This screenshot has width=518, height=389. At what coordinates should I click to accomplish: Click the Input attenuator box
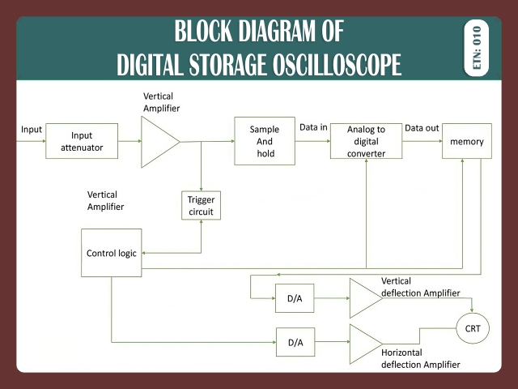coord(82,141)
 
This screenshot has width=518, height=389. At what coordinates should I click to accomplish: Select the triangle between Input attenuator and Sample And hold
coord(158,142)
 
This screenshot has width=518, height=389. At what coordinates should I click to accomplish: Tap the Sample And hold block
coord(265,141)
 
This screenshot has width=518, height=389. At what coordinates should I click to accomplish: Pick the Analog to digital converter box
coord(366,141)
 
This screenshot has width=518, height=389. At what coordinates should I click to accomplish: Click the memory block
coord(467,142)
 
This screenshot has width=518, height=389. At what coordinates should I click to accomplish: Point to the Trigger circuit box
coord(201,206)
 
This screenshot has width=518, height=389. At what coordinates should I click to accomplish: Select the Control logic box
coord(111,253)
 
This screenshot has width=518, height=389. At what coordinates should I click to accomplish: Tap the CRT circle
coord(473,328)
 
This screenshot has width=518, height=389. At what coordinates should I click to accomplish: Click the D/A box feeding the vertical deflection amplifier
coord(295,299)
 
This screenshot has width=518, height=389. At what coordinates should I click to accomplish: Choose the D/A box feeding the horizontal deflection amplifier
coord(295,343)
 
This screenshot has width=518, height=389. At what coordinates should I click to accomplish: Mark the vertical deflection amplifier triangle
coord(363,298)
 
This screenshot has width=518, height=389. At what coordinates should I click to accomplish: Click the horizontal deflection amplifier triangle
coord(363,344)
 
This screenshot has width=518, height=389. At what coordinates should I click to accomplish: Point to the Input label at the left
coord(32,129)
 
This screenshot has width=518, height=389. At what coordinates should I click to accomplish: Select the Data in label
coord(313,127)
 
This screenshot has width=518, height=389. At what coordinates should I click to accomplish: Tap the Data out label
coord(422,127)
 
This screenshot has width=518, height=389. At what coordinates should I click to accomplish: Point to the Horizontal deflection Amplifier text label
coord(420,359)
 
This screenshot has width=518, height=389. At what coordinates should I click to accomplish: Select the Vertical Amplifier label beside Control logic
coord(105,201)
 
